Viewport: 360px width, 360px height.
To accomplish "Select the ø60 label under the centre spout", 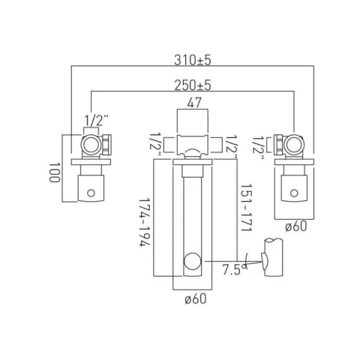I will (194, 300).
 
